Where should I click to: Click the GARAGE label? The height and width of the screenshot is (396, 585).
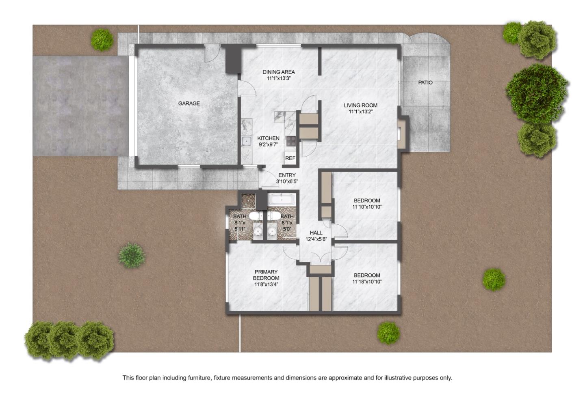pos(189,103)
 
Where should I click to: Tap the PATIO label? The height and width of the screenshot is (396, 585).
pos(425,82)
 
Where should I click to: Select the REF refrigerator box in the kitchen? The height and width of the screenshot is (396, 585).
pos(290,158)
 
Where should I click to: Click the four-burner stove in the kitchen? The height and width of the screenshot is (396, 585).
pos(291,141)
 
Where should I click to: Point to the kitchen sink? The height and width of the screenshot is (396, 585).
pos(246,141)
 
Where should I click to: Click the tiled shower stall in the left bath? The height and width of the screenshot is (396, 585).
pos(247,200)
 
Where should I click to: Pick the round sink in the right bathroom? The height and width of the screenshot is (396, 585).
pos(272,232)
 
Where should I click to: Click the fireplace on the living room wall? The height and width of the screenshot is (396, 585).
pos(403,133)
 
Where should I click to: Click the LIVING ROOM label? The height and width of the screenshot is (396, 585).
pos(360,105)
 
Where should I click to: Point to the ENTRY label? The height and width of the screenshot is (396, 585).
pos(287,175)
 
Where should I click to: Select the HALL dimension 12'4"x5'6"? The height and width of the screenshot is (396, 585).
pos(316,239)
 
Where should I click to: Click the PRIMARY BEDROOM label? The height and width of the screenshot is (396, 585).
pos(266,275)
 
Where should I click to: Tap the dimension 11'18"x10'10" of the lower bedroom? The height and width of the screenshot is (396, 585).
pos(367,282)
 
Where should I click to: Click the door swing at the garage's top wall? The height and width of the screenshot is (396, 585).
pos(212,54)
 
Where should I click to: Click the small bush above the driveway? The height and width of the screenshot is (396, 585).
pos(102,39)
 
